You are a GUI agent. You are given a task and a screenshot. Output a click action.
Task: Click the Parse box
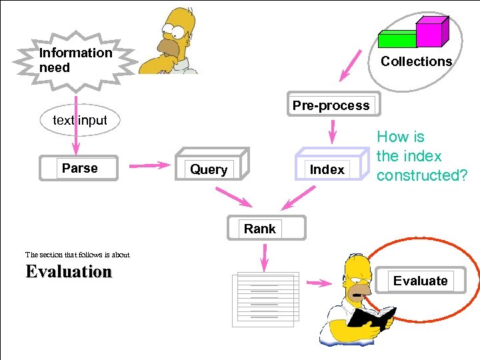click(x=79, y=169)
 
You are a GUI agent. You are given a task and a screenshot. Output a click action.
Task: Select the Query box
click(x=209, y=169)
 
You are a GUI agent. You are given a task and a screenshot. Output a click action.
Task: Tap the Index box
click(x=327, y=169)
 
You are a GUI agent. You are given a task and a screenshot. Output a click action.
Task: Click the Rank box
click(x=260, y=229)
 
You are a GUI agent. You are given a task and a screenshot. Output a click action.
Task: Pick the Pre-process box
click(x=331, y=105)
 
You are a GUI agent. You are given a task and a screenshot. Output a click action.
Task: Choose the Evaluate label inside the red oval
click(x=420, y=281)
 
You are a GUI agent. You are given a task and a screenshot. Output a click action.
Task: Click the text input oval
click(x=79, y=121)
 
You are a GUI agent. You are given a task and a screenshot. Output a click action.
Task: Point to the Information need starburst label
click(x=75, y=60)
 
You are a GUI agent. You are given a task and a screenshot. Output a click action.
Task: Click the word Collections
click(x=416, y=61)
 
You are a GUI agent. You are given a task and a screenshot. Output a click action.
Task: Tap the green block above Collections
click(x=397, y=39)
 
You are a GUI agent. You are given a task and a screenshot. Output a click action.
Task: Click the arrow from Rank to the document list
click(x=265, y=257)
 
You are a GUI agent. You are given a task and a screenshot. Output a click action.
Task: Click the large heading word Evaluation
click(x=69, y=272)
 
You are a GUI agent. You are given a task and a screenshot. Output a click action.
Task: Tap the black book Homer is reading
click(x=371, y=317)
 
